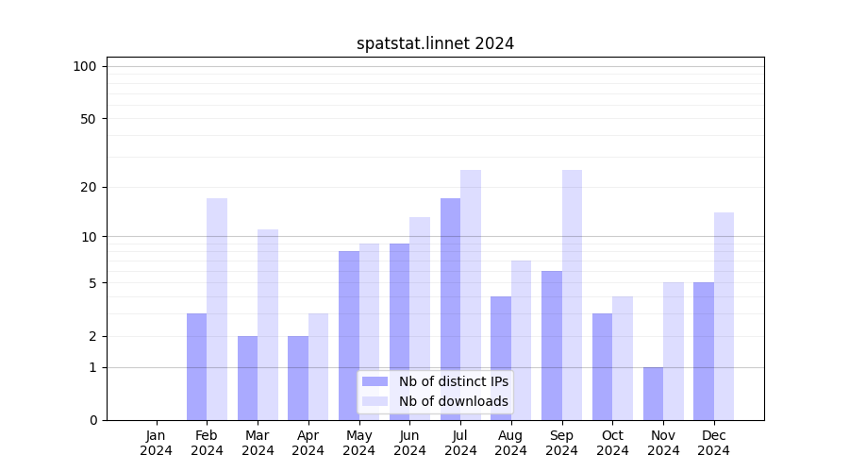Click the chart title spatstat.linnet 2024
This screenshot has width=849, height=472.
tap(435, 43)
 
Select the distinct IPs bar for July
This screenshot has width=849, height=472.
tap(450, 309)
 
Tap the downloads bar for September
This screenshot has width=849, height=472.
tap(572, 295)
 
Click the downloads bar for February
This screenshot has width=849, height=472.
tap(217, 309)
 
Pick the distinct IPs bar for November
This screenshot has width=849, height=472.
tap(653, 394)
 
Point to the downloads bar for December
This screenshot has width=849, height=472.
tap(724, 316)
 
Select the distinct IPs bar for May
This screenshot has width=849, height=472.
tap(349, 335)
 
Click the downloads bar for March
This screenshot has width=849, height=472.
tap(268, 325)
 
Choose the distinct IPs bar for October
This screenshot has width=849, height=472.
tap(602, 366)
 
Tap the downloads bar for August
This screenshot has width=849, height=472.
tap(522, 340)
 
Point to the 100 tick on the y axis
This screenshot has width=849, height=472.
tap(85, 66)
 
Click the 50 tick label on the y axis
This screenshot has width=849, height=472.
tap(88, 119)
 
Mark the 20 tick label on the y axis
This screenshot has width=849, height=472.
tap(88, 187)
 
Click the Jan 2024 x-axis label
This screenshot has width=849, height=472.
tap(157, 443)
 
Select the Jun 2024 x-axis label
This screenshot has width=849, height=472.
tap(409, 443)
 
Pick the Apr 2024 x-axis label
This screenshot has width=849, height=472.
tap(308, 443)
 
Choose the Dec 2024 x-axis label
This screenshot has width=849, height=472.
tap(714, 443)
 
